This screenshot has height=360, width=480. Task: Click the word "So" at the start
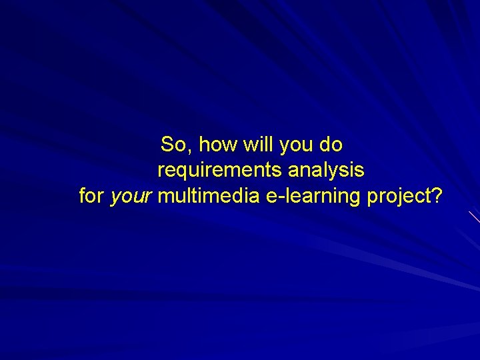pos(173,144)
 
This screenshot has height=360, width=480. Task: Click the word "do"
pos(331,144)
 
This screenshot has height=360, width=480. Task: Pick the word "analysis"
pos(326,171)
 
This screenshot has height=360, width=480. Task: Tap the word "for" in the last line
pos(91,197)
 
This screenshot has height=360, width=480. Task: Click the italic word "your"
pos(132,198)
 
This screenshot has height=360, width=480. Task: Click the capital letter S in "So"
pos(168,144)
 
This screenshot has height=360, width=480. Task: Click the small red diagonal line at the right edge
pos(474,216)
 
